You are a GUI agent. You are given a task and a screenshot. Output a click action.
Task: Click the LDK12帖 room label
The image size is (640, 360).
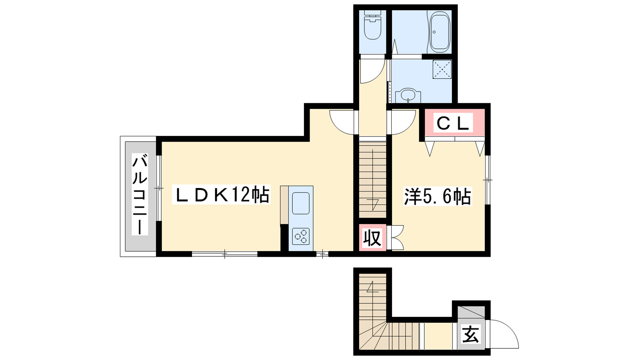click(x=221, y=194)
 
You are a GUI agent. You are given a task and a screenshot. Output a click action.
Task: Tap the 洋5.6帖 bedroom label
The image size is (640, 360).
click(x=438, y=196)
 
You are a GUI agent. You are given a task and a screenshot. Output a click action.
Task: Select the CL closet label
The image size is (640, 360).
click(x=453, y=123)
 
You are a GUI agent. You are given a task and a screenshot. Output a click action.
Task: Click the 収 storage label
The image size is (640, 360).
click(x=372, y=238)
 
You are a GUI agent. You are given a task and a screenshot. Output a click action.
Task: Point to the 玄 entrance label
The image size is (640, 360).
click(x=470, y=334)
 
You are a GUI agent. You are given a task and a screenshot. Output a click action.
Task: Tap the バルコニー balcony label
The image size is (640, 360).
click(x=140, y=194)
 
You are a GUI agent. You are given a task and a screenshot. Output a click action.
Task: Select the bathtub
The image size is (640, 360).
click(x=440, y=32)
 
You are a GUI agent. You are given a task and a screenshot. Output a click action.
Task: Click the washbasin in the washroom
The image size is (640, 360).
click(x=408, y=96)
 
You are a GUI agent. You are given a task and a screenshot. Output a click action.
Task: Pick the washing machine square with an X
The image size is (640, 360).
click(x=442, y=70)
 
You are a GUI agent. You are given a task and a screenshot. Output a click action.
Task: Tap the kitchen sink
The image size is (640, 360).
click(x=300, y=203)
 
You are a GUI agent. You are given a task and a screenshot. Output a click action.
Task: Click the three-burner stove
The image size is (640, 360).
click(x=301, y=236)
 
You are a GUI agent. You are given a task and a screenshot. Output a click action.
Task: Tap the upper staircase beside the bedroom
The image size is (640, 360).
click(x=372, y=180)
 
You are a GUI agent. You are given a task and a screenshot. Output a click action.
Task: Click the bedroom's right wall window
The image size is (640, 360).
click(x=488, y=180)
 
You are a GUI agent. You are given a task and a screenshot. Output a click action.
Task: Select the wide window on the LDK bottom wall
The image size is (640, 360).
click(x=224, y=254)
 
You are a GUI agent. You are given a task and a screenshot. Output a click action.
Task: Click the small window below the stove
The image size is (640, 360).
click(x=322, y=254)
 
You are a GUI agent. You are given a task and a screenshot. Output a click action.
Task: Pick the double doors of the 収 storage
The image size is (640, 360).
click(x=396, y=238)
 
